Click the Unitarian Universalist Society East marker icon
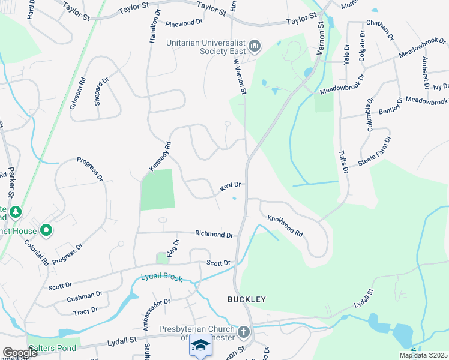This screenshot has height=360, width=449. coord(254,46)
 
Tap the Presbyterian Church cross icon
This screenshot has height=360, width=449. coord(244,332)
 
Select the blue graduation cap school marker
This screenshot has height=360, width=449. coord(200,346)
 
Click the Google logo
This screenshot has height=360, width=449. coord(20,353)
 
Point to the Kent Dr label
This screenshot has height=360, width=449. coord(230,187)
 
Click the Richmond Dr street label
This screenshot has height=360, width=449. coord(214,234)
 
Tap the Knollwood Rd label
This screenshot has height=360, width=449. coord(285,226)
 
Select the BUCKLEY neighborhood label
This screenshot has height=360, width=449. coord(246,299)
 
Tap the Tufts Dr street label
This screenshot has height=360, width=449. coord(343,162)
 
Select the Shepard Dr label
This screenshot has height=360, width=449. coord(101,91)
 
